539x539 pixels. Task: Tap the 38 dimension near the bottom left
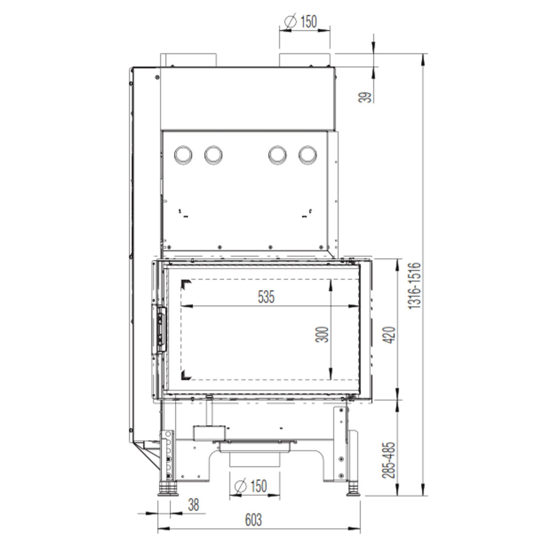pyautogui.click(x=193, y=505)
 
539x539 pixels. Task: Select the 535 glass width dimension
pyautogui.click(x=266, y=297)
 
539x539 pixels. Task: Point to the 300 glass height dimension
pyautogui.click(x=322, y=334)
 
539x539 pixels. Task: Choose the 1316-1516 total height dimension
pyautogui.click(x=414, y=286)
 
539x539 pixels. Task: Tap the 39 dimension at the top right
pyautogui.click(x=365, y=97)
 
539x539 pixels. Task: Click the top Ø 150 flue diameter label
pyautogui.click(x=301, y=22)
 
